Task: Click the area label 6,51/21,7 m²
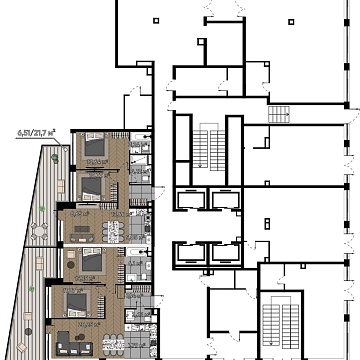coord(35,130)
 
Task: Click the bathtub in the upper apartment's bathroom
coord(140,150)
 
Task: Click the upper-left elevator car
coord(187,200)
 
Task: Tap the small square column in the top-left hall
coord(154,19)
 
